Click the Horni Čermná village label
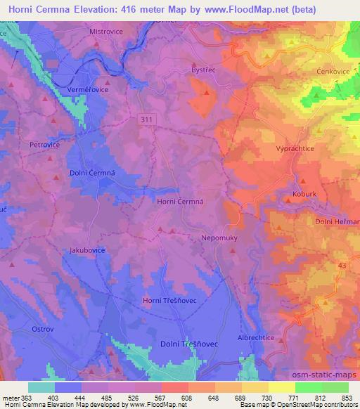coord(180,202)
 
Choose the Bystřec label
coord(204,70)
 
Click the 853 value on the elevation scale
coord(347,398)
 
